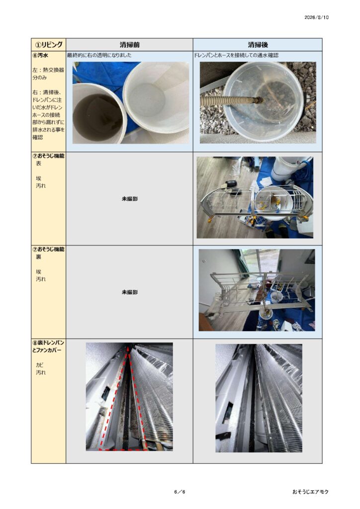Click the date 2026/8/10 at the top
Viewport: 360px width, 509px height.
pyautogui.click(x=317, y=17)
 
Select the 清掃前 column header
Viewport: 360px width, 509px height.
pyautogui.click(x=129, y=45)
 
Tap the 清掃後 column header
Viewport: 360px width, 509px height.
pyautogui.click(x=258, y=45)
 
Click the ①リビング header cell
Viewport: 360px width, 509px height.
pyautogui.click(x=49, y=44)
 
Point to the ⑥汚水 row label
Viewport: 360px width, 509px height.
pyautogui.click(x=40, y=55)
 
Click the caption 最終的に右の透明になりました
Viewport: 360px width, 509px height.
pyautogui.click(x=99, y=55)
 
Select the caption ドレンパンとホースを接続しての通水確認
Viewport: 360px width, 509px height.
pyautogui.click(x=236, y=55)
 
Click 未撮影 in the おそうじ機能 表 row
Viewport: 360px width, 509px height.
pyautogui.click(x=129, y=199)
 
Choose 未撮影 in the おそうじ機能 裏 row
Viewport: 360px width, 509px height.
pyautogui.click(x=129, y=292)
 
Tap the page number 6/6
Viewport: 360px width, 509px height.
pyautogui.click(x=180, y=492)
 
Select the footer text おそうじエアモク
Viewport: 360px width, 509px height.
pyautogui.click(x=310, y=492)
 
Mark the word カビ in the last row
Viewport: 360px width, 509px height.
pyautogui.click(x=40, y=365)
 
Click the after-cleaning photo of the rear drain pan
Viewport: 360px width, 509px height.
pyautogui.click(x=259, y=398)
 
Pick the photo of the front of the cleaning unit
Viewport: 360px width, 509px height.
pyautogui.click(x=255, y=198)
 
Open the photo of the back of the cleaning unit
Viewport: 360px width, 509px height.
pyautogui.click(x=257, y=290)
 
